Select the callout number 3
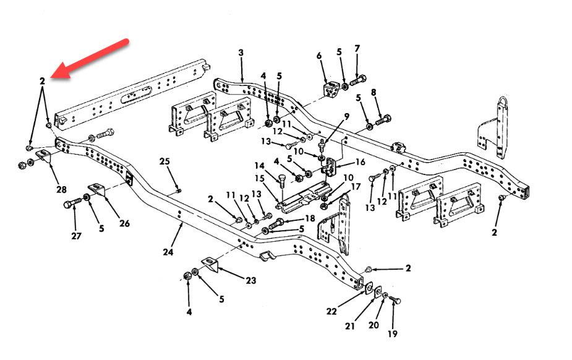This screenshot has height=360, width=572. [x=241, y=53]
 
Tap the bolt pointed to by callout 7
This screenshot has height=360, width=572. [x=359, y=80]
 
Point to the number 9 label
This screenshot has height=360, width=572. [x=346, y=116]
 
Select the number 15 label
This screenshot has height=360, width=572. [x=260, y=178]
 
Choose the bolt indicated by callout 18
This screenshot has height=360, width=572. [x=278, y=221]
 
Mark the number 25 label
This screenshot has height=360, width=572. [x=164, y=161]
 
